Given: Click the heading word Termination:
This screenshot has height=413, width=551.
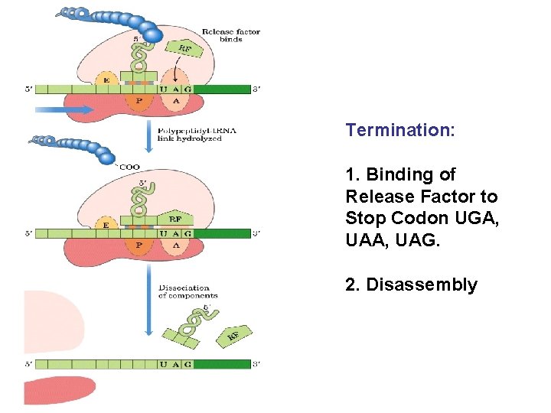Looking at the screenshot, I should tap(400, 130).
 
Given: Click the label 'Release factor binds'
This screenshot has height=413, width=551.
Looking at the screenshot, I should tap(231, 35).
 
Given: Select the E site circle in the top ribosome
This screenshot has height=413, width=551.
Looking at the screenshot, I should tap(106, 79).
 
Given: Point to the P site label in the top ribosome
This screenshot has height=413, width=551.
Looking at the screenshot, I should tap(139, 99).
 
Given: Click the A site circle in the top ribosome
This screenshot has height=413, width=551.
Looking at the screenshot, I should tap(176, 99).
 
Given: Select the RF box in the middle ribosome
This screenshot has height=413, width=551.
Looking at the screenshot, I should tap(175, 219).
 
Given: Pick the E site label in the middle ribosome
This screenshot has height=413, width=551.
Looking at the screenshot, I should tap(106, 225).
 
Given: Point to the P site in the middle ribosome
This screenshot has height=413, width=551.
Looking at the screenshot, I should tap(139, 245).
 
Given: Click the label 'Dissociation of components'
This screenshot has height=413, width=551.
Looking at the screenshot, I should tap(187, 291).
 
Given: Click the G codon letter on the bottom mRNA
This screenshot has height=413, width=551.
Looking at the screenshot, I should tap(187, 364).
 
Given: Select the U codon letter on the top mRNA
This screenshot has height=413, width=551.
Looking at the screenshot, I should tap(163, 89).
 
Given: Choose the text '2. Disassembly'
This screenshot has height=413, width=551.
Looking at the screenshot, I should tap(411, 285).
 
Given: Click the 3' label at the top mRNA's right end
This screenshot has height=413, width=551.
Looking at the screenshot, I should tap(257, 89).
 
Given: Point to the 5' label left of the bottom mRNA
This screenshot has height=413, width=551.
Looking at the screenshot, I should tap(28, 364).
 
